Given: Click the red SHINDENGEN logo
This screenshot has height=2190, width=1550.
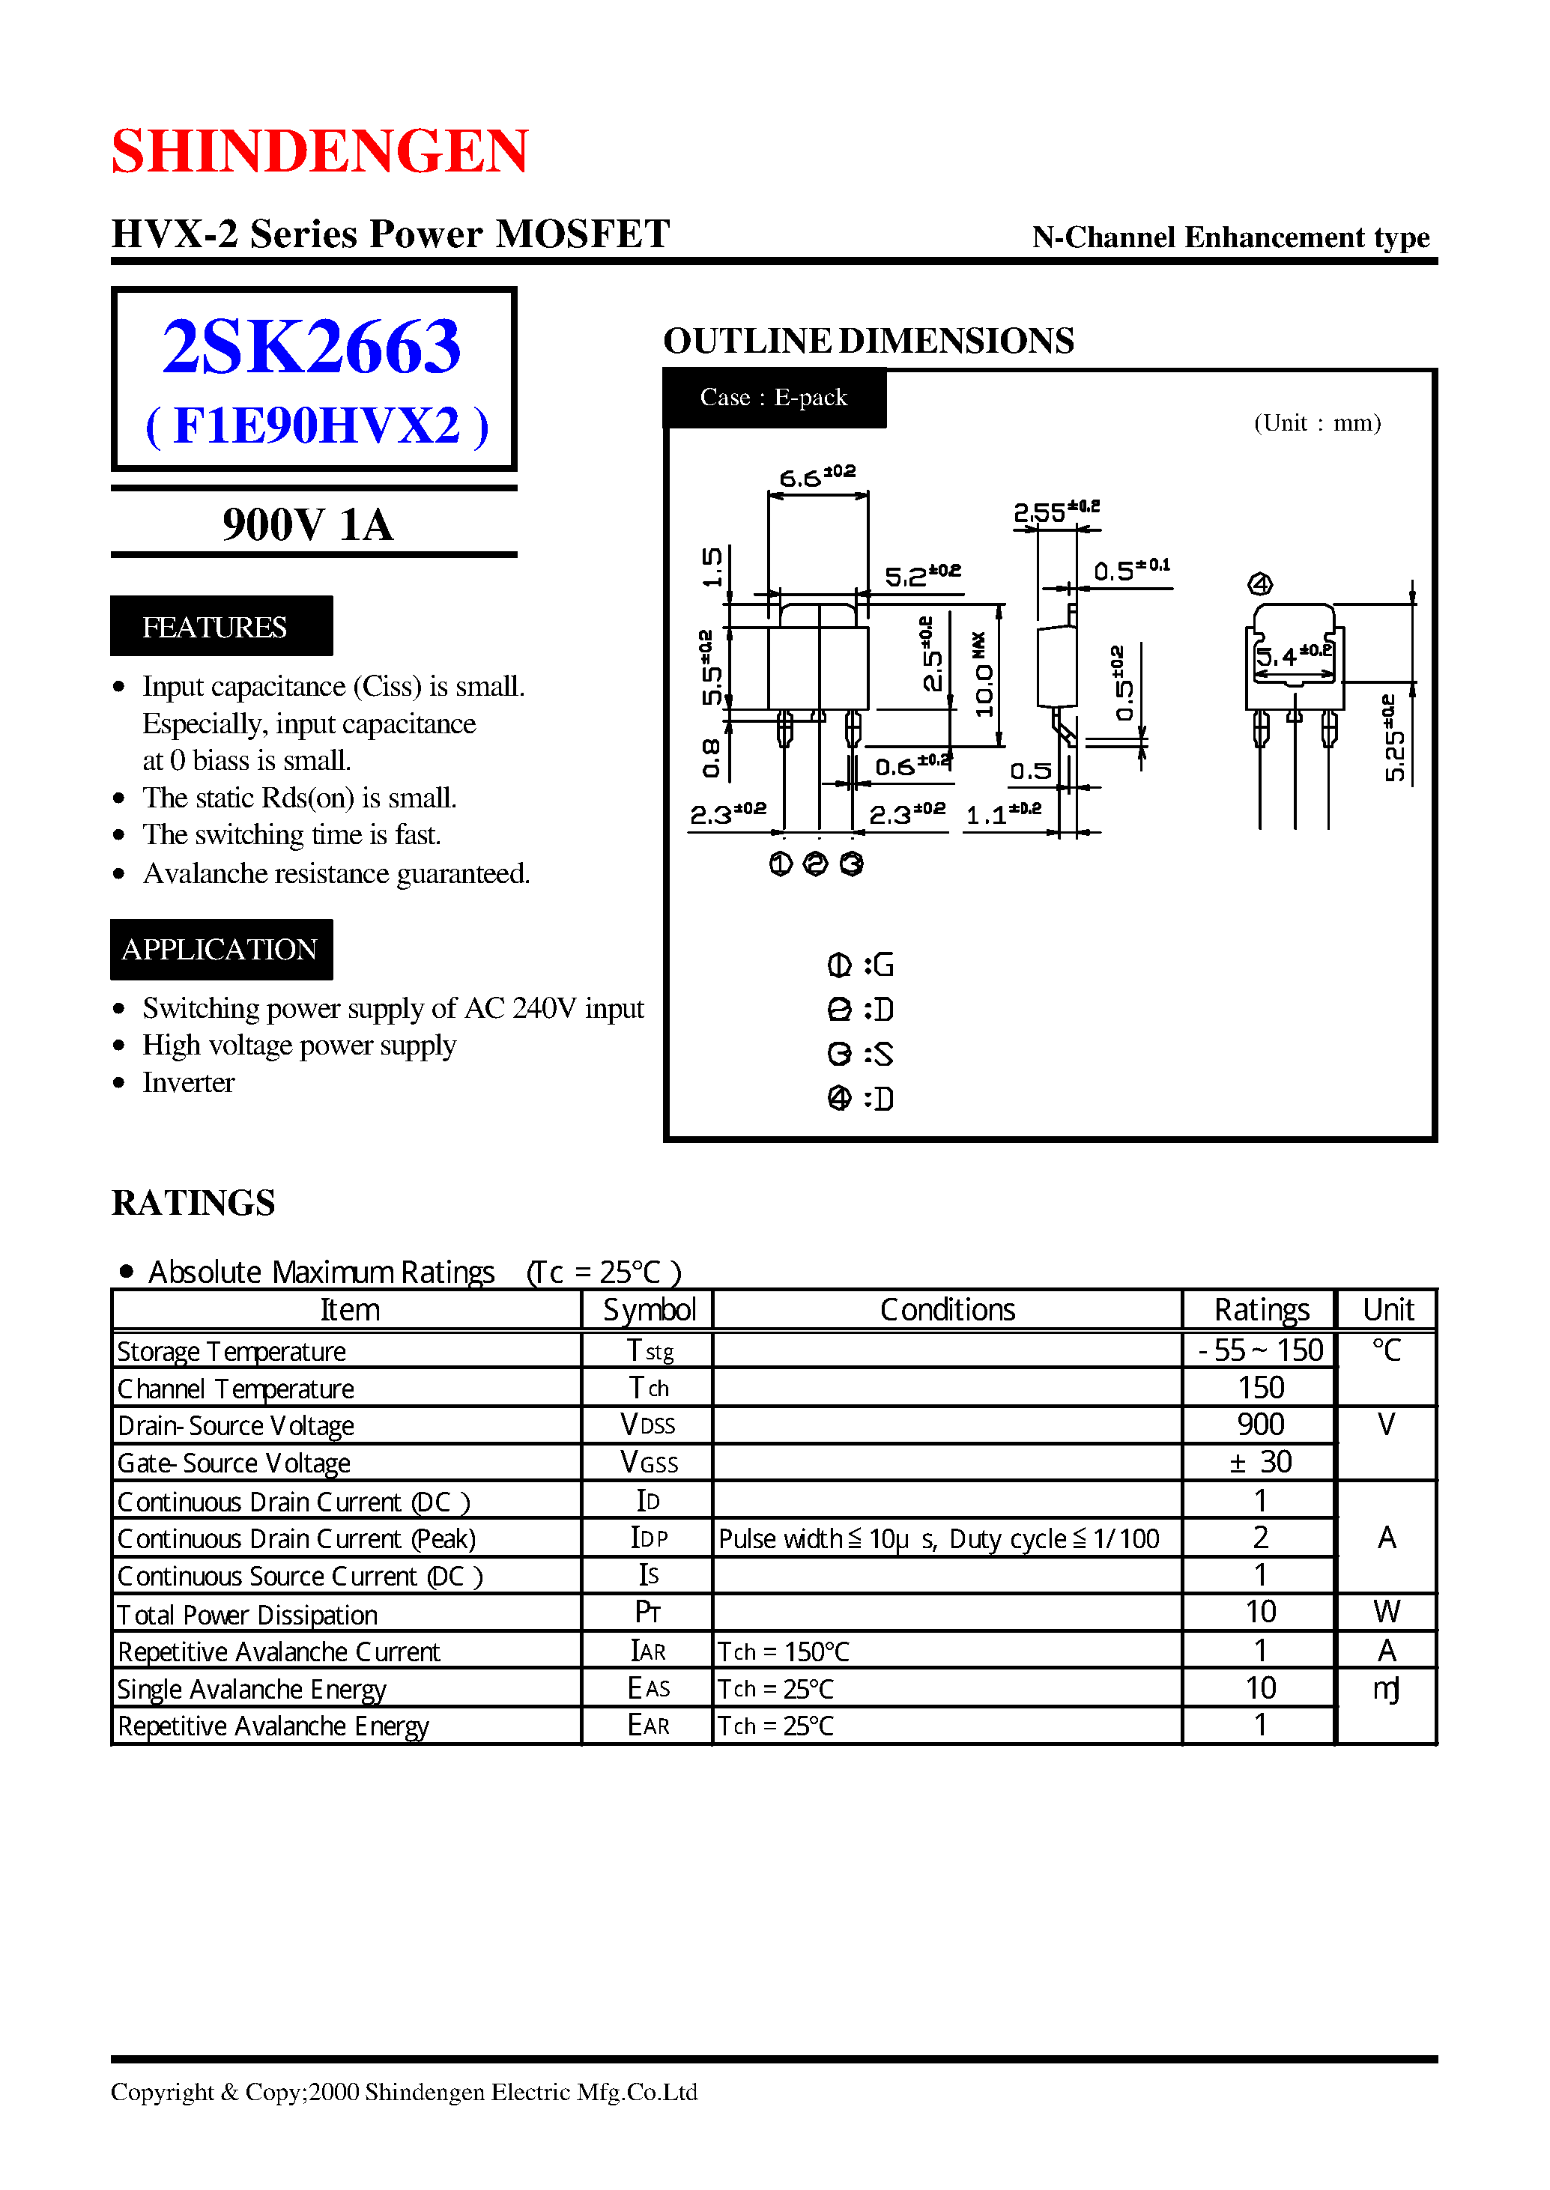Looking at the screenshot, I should tap(320, 151).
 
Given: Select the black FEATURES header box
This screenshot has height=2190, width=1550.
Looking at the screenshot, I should tap(220, 626).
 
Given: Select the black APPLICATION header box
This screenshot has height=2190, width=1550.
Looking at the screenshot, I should tap(220, 948).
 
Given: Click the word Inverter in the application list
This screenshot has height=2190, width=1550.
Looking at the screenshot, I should tap(188, 1082).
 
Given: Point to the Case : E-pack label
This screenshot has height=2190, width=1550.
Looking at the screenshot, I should tap(773, 397).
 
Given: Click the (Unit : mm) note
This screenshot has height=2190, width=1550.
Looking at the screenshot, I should tap(1317, 422).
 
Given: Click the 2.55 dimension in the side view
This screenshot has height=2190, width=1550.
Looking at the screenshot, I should tap(1056, 512).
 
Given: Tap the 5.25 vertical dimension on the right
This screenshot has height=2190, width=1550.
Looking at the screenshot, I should tap(1393, 738).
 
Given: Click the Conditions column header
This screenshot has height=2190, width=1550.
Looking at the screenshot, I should tap(947, 1309).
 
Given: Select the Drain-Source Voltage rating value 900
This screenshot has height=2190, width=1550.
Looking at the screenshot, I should tap(1260, 1424).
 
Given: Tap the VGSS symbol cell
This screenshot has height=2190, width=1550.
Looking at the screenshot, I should tap(648, 1462).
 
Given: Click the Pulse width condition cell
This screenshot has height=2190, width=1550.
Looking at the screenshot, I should tap(938, 1538).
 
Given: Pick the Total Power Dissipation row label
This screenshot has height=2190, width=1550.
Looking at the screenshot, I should tap(247, 1613).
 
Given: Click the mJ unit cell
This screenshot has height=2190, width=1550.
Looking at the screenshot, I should tap(1386, 1688).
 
